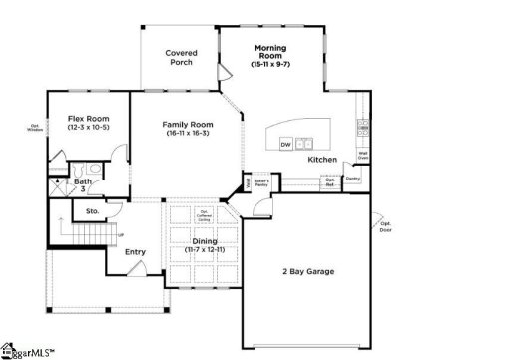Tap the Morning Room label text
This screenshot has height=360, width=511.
coord(270,52)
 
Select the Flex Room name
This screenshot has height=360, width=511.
coord(88,119)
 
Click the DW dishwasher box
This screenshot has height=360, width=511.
coord(285,145)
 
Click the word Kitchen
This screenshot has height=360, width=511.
coord(322,160)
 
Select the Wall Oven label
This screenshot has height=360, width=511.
coord(364,156)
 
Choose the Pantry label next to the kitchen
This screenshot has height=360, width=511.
coord(352,180)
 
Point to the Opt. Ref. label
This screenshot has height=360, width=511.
coord(328,182)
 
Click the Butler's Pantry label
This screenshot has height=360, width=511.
coord(261,182)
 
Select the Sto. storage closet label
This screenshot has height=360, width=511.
coord(91,212)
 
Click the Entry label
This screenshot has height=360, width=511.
coord(135,251)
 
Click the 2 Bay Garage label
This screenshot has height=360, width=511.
coord(309,271)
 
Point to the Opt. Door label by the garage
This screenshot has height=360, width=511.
coord(385,226)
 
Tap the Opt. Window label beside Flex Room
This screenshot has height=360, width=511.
coord(35,127)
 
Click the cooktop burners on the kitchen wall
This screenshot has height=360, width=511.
coord(363,128)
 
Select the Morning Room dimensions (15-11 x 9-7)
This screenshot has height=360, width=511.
coord(270,65)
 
